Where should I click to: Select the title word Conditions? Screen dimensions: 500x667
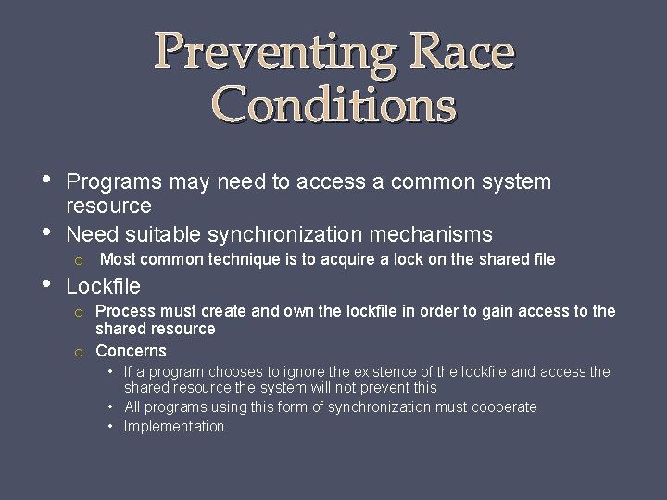pos(334,105)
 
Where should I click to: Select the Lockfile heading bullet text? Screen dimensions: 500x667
pos(104,286)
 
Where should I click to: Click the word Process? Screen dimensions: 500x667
pos(124,311)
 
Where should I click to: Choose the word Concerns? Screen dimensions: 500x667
pos(131,351)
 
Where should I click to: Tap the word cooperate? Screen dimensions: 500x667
pos(504,406)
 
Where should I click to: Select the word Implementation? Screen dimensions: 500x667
pos(174,426)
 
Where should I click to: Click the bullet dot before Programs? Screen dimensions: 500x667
pos(48,179)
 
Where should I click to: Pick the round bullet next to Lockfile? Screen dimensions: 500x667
pos(48,282)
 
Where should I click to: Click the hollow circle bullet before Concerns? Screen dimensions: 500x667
pos(80,352)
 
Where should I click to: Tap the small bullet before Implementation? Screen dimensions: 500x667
pos(110,426)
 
